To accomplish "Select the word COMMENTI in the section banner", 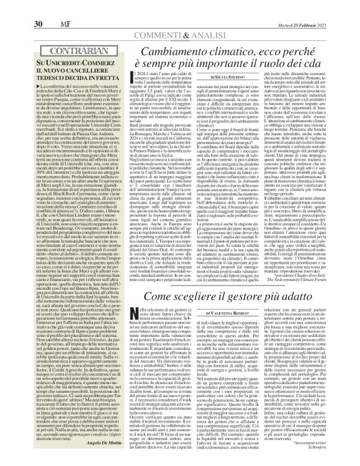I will (x=164, y=19).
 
